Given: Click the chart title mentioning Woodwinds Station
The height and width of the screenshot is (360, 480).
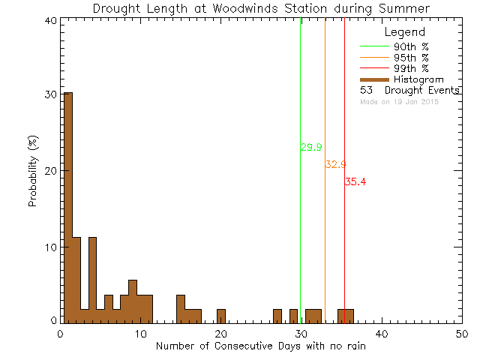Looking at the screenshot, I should point(261,8).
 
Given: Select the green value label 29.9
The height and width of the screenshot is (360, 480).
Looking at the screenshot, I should point(311,148).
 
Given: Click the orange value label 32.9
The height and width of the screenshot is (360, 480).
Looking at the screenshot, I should point(335,164).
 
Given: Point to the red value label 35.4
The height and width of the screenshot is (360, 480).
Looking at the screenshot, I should point(355,181).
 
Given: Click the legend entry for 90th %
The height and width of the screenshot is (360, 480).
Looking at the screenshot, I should point(411,46).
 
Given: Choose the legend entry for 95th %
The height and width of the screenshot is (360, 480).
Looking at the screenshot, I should point(411,57).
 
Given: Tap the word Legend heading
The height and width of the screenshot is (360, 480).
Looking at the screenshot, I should point(404,32).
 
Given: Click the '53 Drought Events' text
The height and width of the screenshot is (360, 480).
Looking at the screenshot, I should point(409,90).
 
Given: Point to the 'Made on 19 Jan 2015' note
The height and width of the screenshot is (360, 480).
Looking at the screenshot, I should point(399,101).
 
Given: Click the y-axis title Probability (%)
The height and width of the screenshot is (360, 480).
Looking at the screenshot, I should point(34,172).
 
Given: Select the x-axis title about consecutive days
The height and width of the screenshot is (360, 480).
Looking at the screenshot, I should point(261,346).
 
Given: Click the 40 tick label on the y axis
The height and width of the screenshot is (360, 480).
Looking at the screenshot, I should point(49,21).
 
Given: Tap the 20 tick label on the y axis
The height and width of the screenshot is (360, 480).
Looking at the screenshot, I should point(49,171).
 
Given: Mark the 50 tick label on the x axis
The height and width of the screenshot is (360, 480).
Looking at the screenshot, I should point(462,333).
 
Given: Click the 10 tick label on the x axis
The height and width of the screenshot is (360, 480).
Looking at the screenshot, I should point(140,333).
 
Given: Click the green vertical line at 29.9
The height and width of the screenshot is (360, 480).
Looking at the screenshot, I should point(300,225).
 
